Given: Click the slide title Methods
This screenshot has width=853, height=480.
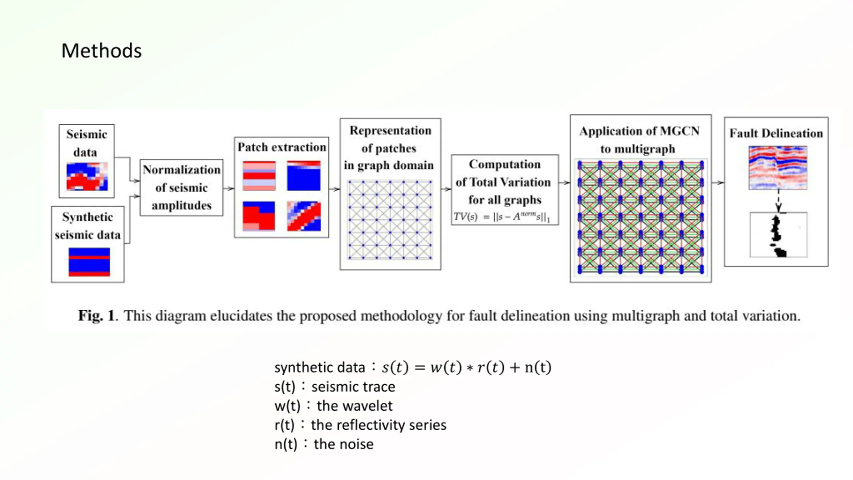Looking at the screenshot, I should point(101,51).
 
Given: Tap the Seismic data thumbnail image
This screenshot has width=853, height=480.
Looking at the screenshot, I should point(87,176).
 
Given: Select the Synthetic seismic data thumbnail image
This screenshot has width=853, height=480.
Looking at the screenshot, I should point(89,262).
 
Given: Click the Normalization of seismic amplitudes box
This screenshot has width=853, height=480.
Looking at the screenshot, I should point(181,188).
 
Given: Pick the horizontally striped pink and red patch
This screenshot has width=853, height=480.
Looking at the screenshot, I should point(259,176).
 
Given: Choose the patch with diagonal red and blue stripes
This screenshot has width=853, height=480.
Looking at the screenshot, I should point(304,216).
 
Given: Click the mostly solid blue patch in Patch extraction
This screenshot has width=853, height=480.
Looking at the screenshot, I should point(304,176).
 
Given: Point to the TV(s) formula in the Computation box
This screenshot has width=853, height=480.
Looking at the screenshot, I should point(501,217).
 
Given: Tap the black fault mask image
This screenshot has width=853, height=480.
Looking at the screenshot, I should point(778,235).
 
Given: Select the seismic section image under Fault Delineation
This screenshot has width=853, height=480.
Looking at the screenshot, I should point(778,168).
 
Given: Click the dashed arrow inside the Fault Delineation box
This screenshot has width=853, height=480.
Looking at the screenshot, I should point(778,201).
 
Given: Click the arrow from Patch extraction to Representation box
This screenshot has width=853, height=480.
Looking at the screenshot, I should point(334,189).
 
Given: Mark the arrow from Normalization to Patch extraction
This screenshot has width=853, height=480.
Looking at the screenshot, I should point(229,189).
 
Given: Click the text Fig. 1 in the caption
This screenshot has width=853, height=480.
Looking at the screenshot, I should point(96,315).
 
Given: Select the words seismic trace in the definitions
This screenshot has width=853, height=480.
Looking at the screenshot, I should point(353,387).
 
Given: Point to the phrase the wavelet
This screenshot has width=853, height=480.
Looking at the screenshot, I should point(355,406).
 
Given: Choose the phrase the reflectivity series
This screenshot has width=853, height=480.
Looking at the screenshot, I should point(379,425).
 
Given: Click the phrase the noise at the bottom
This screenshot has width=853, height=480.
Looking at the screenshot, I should point(344,444).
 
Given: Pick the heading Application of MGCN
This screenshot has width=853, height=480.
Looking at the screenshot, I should point(639,131).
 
